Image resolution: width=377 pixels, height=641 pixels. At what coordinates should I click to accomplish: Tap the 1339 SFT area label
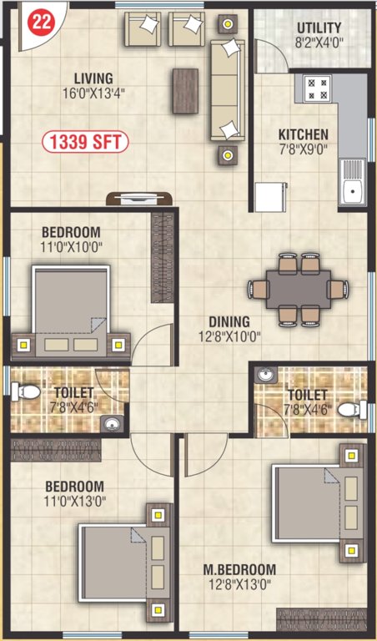click(x=86, y=142)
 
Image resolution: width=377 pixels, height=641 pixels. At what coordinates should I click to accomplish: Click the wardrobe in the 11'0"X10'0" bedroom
click(x=162, y=259)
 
